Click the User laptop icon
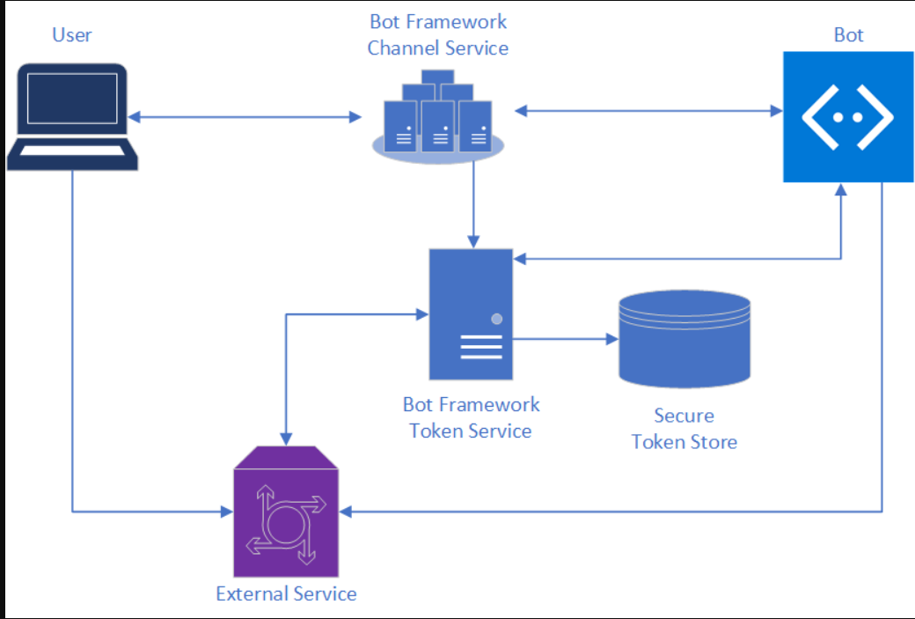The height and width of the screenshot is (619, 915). coord(72,114)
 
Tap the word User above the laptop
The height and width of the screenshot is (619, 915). coord(72,35)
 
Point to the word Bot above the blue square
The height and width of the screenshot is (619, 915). coord(848,35)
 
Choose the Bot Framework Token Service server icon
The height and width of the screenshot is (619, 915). coord(471,313)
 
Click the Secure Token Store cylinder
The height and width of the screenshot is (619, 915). coord(684,338)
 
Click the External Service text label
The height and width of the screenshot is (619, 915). coord(286,593)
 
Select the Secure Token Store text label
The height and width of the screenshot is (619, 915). coord(684,429)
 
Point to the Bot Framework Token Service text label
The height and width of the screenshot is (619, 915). coord(471,417)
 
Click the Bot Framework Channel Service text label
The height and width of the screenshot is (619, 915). coord(437,35)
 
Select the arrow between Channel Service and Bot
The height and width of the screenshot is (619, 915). coord(648,111)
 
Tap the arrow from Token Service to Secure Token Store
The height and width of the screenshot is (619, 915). coord(563,338)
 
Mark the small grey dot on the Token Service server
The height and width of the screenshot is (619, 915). coord(497,319)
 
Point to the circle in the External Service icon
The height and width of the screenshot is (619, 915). coord(284,524)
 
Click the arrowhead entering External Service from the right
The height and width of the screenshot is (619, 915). coord(347,511)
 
